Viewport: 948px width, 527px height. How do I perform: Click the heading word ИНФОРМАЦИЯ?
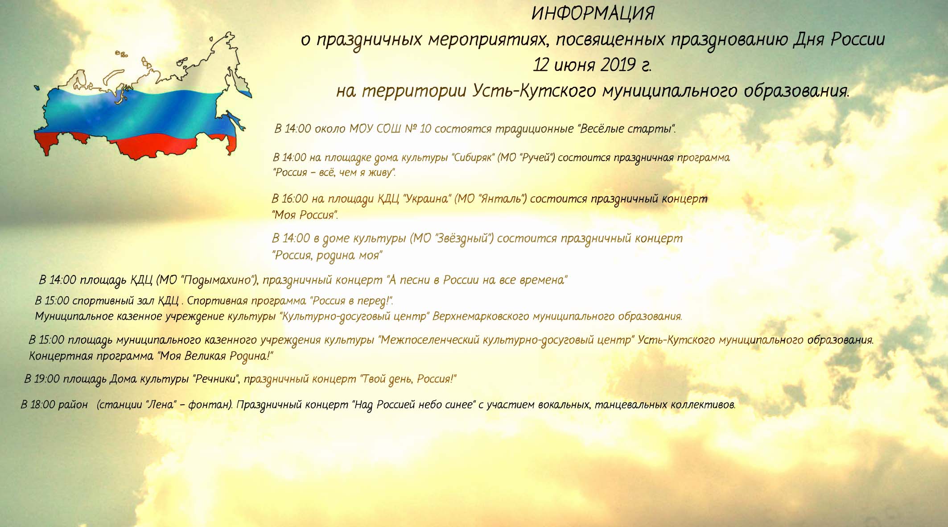(x=593, y=14)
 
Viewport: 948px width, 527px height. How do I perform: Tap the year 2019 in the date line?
(x=618, y=65)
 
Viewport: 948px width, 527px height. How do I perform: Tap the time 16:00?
(x=296, y=199)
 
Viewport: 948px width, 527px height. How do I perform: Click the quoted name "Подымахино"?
(x=218, y=280)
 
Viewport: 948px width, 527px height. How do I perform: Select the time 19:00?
(x=46, y=379)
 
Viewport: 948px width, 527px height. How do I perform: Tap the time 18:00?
(x=43, y=405)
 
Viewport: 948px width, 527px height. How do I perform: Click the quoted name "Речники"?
(x=217, y=379)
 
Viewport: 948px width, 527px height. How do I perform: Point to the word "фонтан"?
(x=210, y=405)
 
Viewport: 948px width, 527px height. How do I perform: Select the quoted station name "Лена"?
(x=160, y=405)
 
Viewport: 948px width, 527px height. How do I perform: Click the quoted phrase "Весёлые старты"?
(x=627, y=129)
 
